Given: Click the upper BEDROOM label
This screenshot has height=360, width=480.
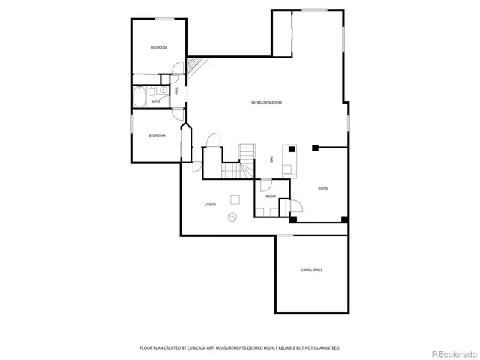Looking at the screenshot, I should point(158,48).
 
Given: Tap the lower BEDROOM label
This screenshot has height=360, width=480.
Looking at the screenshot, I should point(157,136).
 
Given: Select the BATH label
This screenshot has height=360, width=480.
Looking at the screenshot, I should point(155,101).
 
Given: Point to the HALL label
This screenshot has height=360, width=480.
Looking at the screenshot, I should point(175,91).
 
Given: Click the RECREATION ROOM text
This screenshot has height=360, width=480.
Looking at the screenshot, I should point(266,102).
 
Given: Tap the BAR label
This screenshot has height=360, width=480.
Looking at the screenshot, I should point(271,159).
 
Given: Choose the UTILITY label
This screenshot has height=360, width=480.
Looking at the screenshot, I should point(211,204).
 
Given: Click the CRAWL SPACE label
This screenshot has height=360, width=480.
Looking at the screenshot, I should point(312,269).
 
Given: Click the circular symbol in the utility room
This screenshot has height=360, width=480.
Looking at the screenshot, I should point(232,217).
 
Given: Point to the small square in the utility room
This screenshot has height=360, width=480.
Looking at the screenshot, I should point(235,199).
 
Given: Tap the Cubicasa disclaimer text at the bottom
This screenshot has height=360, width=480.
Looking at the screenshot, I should point(240,348).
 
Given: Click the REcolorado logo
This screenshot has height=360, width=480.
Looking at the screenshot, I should point(451,352).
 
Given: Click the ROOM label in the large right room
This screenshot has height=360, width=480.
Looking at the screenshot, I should point(323,188).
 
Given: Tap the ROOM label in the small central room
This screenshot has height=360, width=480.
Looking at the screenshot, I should point(270,196).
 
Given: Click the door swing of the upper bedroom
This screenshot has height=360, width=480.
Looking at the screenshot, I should point(175,69).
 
